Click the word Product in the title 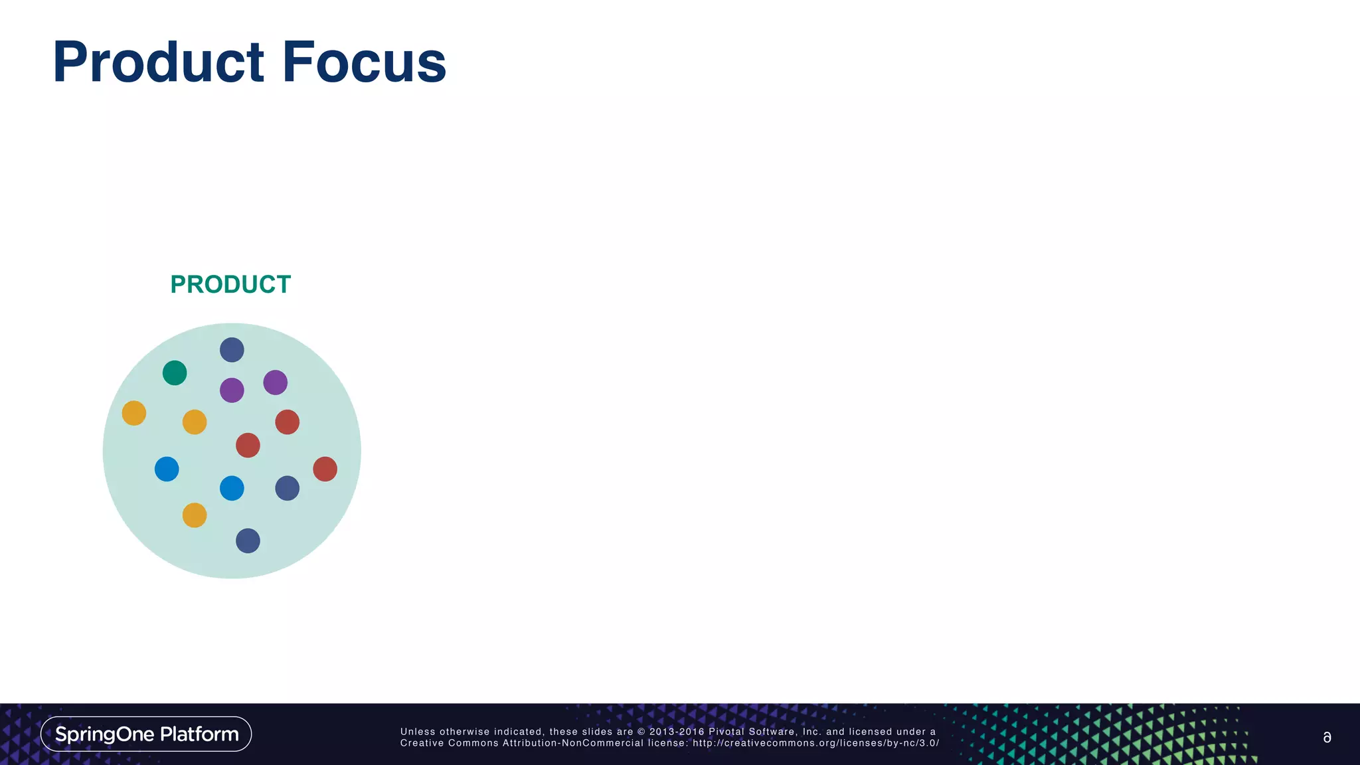(158, 62)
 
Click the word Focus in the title (364, 62)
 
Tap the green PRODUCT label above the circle (230, 284)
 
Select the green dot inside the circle (175, 373)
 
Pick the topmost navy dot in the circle (232, 349)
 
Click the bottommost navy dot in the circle (248, 541)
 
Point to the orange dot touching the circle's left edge (134, 413)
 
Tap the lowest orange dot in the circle (195, 515)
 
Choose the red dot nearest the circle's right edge (325, 469)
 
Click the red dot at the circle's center (248, 445)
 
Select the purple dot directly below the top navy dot (232, 390)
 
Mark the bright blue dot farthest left (167, 469)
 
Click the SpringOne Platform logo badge (146, 734)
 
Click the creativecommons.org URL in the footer (815, 743)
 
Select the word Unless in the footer (418, 732)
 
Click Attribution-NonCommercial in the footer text (572, 743)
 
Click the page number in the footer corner (1327, 737)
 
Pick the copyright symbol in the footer (641, 732)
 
